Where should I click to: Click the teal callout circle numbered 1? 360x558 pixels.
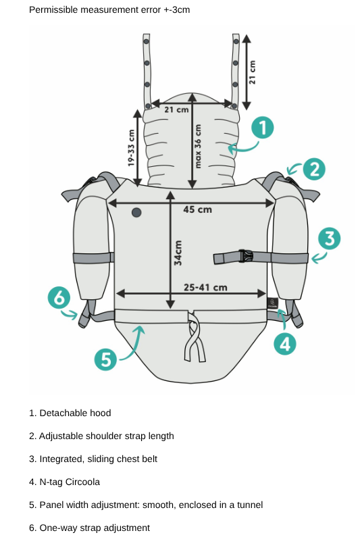coord(263,128)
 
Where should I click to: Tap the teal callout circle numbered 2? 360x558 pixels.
coord(314,169)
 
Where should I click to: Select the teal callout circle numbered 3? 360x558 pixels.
coord(329,238)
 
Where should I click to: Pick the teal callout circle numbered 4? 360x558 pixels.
coord(285,344)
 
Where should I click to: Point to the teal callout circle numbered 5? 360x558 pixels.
coord(105,359)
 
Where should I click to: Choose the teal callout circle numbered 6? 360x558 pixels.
coord(59,297)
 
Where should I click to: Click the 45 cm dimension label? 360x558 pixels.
coord(197,209)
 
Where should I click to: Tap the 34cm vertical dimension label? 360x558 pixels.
coord(178,253)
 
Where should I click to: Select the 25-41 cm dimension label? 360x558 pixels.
coord(205,287)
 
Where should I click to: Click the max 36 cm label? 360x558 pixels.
coord(197,146)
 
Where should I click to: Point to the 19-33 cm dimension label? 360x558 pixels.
coord(131,148)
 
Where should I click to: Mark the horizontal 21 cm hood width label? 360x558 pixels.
coord(176,109)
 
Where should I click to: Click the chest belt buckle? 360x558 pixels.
coord(245,256)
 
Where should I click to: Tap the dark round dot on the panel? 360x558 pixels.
coord(136,212)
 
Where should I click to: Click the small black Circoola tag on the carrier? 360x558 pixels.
coord(272,303)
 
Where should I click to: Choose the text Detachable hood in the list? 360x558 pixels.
coord(75,413)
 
